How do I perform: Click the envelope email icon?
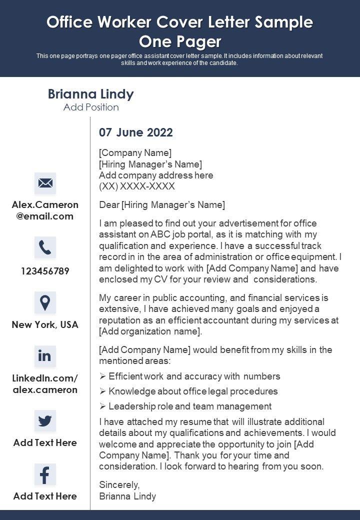pos(45,183)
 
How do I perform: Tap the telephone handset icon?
pos(45,247)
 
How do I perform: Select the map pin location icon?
pos(45,302)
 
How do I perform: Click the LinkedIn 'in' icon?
pos(45,355)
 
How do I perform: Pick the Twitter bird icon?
pos(45,420)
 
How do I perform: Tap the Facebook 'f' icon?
pos(45,474)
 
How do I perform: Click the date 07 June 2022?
pos(136,132)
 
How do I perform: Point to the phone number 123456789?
pos(45,271)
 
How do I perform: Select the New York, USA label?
pos(45,324)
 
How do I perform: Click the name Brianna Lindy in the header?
pos(90,94)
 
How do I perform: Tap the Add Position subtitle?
pos(91,107)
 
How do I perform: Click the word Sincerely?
pos(119,484)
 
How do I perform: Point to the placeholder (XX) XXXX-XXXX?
pos(137,186)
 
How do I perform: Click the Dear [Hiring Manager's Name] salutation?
pos(162,204)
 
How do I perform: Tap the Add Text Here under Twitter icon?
pos(45,442)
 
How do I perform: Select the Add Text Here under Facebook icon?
pos(45,496)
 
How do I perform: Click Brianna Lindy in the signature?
pos(127,496)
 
